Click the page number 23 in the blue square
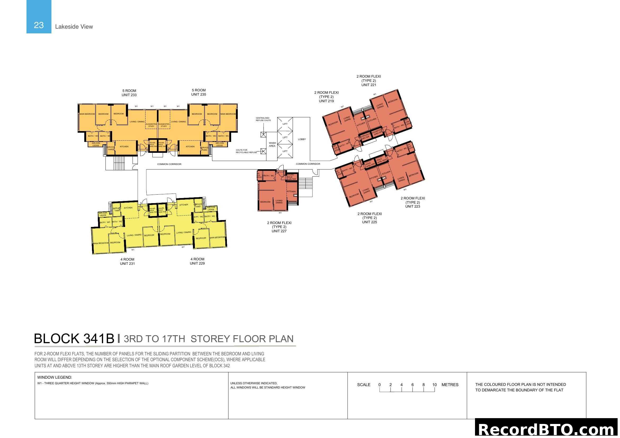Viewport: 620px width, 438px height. click(x=39, y=25)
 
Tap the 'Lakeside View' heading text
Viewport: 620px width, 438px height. click(x=74, y=26)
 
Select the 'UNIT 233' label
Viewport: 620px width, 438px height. click(x=129, y=95)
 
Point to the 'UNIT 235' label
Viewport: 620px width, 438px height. click(x=199, y=94)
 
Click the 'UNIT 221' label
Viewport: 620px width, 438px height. click(x=369, y=85)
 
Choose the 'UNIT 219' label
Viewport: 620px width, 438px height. click(x=326, y=101)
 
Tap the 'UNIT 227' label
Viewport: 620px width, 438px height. click(x=279, y=231)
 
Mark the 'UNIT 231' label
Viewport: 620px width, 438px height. click(x=127, y=263)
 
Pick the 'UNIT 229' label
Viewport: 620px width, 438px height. click(x=197, y=263)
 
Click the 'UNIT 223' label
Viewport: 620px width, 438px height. click(x=412, y=206)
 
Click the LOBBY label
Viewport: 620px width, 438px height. click(x=302, y=139)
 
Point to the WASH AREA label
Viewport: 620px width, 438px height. click(x=272, y=144)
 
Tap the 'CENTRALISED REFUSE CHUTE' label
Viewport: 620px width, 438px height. click(x=263, y=119)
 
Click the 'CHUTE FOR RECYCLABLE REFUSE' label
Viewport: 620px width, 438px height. click(x=246, y=151)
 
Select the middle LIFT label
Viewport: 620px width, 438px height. click(x=285, y=137)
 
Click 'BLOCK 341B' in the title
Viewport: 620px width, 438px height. click(x=74, y=338)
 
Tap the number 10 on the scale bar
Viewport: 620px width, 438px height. click(x=434, y=385)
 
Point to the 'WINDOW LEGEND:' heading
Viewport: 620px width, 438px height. click(x=55, y=377)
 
